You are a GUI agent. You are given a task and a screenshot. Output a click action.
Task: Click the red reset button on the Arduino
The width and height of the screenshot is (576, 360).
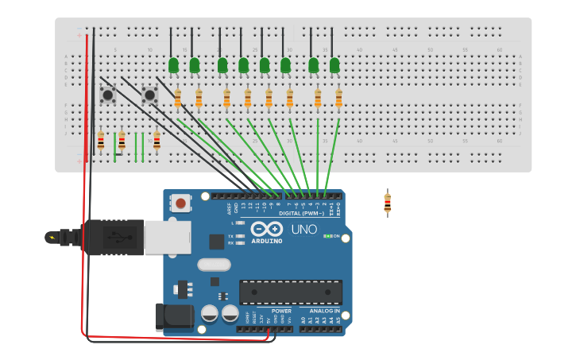(x=181, y=203)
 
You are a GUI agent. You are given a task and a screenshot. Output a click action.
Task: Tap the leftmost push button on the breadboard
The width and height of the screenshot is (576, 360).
(x=107, y=95)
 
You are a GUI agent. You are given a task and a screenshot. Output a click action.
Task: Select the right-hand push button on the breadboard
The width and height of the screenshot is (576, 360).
(x=149, y=95)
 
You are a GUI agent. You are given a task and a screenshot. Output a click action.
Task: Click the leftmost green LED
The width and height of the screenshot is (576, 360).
(x=173, y=65)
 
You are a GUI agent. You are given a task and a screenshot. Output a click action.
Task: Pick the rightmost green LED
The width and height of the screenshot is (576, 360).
(x=334, y=65)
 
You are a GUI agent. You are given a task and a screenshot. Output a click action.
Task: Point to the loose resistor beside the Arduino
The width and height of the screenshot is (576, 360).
(x=387, y=203)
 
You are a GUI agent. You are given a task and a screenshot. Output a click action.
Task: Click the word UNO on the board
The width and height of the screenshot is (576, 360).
(x=304, y=229)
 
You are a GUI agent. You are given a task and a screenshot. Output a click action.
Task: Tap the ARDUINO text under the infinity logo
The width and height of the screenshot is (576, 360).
(x=267, y=241)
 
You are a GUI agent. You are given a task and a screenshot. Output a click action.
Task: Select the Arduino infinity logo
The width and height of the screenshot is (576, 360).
(x=267, y=229)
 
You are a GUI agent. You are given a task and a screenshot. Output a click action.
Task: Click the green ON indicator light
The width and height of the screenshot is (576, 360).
(x=326, y=236)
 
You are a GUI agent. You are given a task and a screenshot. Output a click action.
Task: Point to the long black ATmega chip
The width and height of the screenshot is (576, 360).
(x=291, y=292)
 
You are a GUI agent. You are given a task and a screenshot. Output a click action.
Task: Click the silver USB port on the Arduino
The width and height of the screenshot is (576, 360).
(x=167, y=237)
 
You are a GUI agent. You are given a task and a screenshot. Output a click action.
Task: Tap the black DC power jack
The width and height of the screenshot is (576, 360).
(x=175, y=317)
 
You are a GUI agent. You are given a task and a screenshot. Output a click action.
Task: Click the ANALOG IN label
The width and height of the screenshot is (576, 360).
(x=319, y=311)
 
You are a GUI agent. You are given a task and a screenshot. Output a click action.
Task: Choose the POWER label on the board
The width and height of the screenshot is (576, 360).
(x=281, y=311)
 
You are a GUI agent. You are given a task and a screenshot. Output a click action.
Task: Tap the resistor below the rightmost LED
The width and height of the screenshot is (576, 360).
(x=338, y=99)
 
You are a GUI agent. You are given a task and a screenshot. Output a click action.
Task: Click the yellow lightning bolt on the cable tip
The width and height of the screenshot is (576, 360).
(x=52, y=237)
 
